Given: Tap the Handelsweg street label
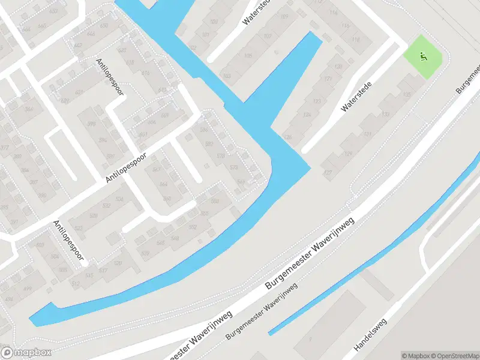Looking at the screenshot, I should click(x=371, y=334).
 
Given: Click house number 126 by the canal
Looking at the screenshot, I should click(x=288, y=138).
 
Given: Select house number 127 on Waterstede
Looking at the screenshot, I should click(x=327, y=173).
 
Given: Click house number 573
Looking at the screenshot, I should click(x=234, y=167).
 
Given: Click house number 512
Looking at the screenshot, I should click(x=76, y=283).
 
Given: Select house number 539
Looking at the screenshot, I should click(x=145, y=254).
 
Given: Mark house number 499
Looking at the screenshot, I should click(x=27, y=289).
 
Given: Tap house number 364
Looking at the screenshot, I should click(x=29, y=109).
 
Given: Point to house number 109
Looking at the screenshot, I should click(x=284, y=16).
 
